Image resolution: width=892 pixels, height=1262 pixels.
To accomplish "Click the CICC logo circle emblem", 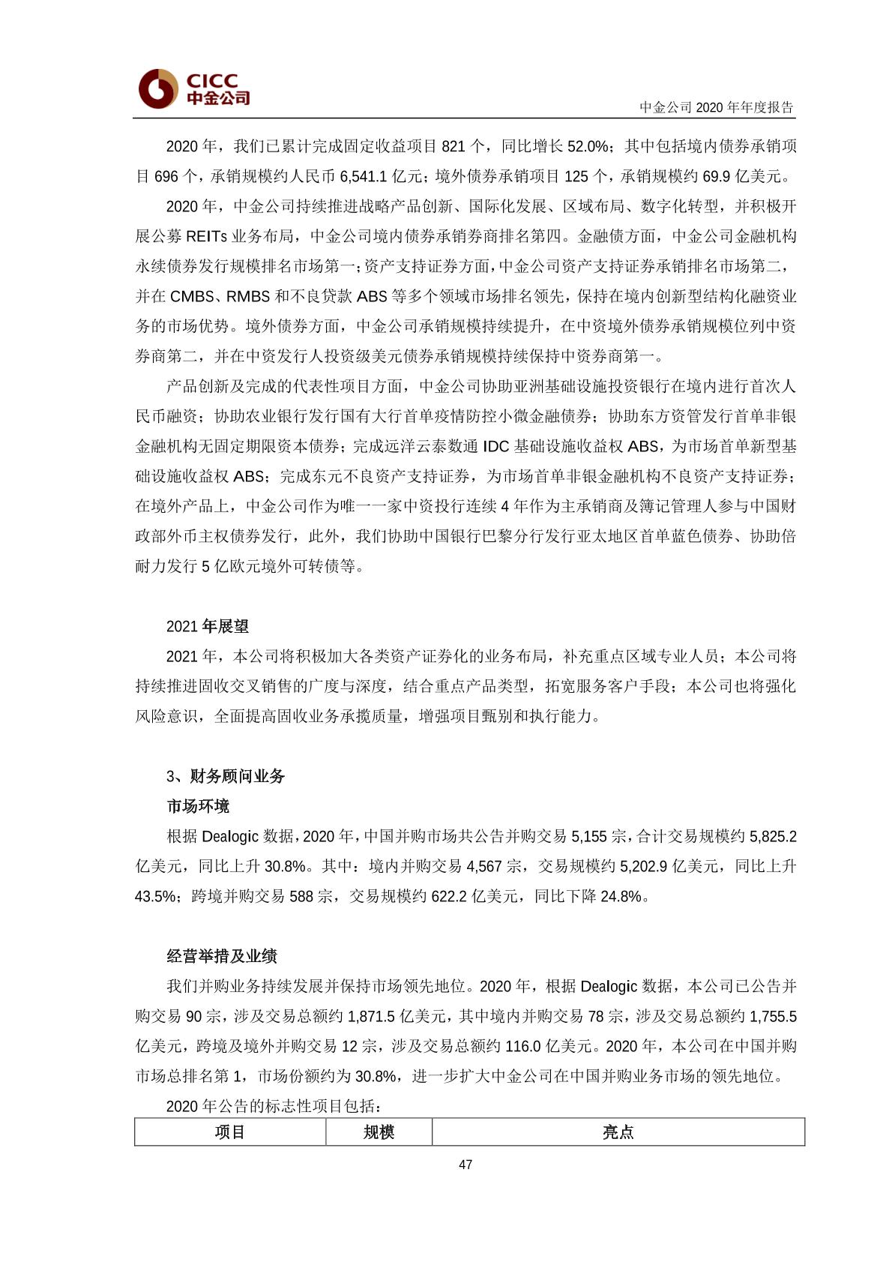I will [157, 88].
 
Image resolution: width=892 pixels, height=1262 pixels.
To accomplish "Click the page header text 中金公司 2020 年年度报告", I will [716, 107].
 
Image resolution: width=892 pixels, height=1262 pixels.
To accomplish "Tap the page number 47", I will [465, 1164].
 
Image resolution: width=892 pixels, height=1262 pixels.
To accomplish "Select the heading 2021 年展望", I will [208, 626].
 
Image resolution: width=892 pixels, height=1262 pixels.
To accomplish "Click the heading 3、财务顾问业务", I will [226, 776].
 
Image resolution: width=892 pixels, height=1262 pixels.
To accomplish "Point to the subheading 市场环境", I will [198, 806].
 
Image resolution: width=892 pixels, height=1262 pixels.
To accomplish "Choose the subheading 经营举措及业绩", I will [222, 956].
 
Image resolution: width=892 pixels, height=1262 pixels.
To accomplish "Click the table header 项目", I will [229, 1132].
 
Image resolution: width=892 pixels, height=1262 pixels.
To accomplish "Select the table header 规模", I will [379, 1132].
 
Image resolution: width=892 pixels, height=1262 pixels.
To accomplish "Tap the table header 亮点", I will [618, 1132].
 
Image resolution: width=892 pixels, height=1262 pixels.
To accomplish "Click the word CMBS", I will [192, 296].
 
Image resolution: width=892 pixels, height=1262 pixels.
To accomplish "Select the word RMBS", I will [248, 296].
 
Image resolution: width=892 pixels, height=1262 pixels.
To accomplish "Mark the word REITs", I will [206, 236].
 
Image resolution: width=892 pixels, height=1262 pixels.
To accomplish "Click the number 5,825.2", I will [773, 836].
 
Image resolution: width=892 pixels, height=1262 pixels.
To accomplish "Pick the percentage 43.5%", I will [155, 896].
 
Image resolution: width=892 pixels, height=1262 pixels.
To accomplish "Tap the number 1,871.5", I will [369, 1016].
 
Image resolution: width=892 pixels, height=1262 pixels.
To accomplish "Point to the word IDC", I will [495, 446].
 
